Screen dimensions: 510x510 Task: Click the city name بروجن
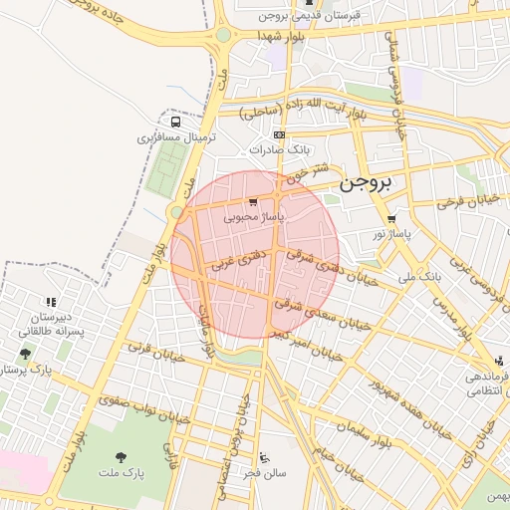tap(367, 183)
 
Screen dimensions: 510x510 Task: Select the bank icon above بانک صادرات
tap(279, 134)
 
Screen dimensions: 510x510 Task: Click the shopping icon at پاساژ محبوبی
tap(253, 202)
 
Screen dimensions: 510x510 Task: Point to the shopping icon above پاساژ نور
tap(391, 219)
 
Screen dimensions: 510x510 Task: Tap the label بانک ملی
tap(418, 275)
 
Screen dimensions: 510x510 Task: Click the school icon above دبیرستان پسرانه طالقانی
tap(50, 302)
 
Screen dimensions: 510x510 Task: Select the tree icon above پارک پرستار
tap(25, 354)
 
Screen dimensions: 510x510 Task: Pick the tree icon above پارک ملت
tap(121, 456)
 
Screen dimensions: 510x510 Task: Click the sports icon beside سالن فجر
tap(263, 458)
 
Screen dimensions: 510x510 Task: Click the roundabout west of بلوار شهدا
tap(222, 35)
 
